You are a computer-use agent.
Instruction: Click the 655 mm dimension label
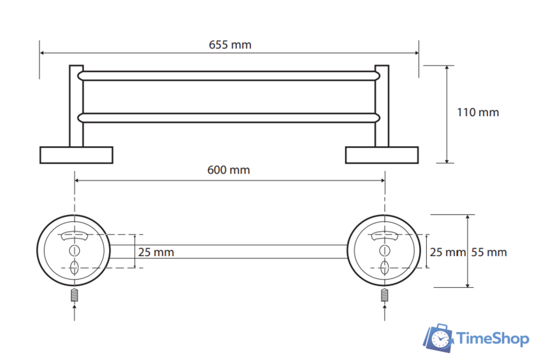click(x=230, y=45)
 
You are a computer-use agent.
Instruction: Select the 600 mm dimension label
click(x=228, y=170)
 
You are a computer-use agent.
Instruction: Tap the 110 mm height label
click(x=478, y=112)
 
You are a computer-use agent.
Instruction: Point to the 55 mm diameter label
click(x=489, y=252)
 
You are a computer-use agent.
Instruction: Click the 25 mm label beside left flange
click(x=156, y=252)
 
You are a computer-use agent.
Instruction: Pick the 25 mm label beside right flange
click(x=447, y=252)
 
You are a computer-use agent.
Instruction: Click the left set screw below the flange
click(x=75, y=295)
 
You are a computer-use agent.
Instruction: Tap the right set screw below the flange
click(x=385, y=295)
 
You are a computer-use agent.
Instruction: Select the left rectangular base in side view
click(x=76, y=155)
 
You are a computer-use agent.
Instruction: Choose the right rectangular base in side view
click(x=382, y=155)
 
